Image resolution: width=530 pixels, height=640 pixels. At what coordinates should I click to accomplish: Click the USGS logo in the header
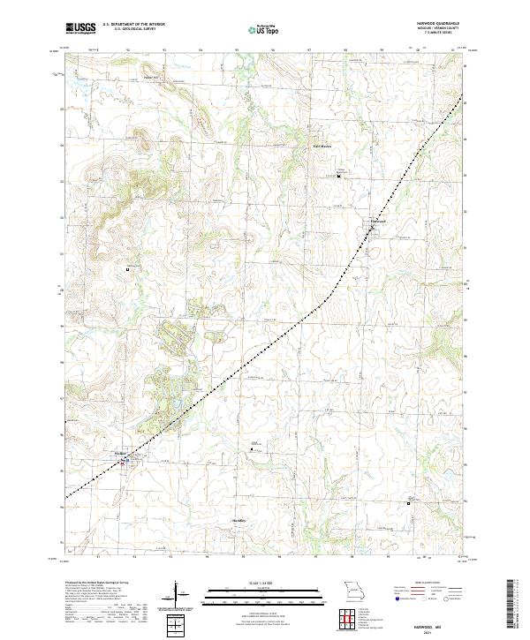pyautogui.click(x=80, y=28)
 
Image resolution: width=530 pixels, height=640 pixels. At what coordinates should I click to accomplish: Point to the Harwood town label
pyautogui.click(x=378, y=220)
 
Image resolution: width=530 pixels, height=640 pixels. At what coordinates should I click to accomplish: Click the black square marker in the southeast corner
pyautogui.click(x=408, y=502)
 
